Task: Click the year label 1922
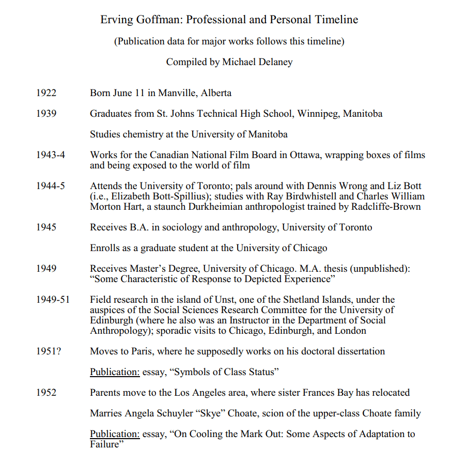[x=46, y=93]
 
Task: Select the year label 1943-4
[x=51, y=154]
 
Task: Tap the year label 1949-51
[x=53, y=299]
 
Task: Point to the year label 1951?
[x=48, y=351]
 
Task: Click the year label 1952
[x=46, y=393]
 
